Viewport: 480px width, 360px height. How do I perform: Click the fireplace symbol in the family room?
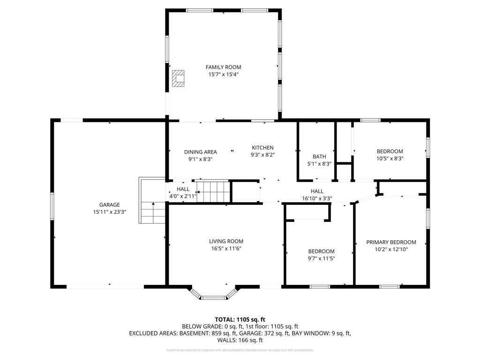tap(178, 78)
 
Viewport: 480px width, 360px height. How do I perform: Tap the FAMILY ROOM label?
tap(223, 67)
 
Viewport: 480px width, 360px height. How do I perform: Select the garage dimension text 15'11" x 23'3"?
tap(109, 212)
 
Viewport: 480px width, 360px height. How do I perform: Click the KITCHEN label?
tap(262, 148)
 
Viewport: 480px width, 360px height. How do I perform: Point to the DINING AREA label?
tap(200, 152)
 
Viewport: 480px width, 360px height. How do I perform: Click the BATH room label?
tap(319, 157)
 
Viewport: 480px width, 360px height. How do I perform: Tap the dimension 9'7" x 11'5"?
tap(321, 258)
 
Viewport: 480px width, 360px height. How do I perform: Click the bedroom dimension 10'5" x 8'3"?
tap(390, 158)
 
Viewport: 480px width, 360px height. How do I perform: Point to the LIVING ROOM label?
tap(226, 241)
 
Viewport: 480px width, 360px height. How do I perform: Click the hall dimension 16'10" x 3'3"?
tap(317, 198)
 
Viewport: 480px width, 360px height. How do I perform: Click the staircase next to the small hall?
tap(214, 192)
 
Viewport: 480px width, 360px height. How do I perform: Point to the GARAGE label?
tap(109, 204)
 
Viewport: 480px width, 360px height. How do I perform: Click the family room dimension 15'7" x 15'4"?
tap(223, 75)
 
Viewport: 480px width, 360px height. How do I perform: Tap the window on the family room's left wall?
tap(167, 49)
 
